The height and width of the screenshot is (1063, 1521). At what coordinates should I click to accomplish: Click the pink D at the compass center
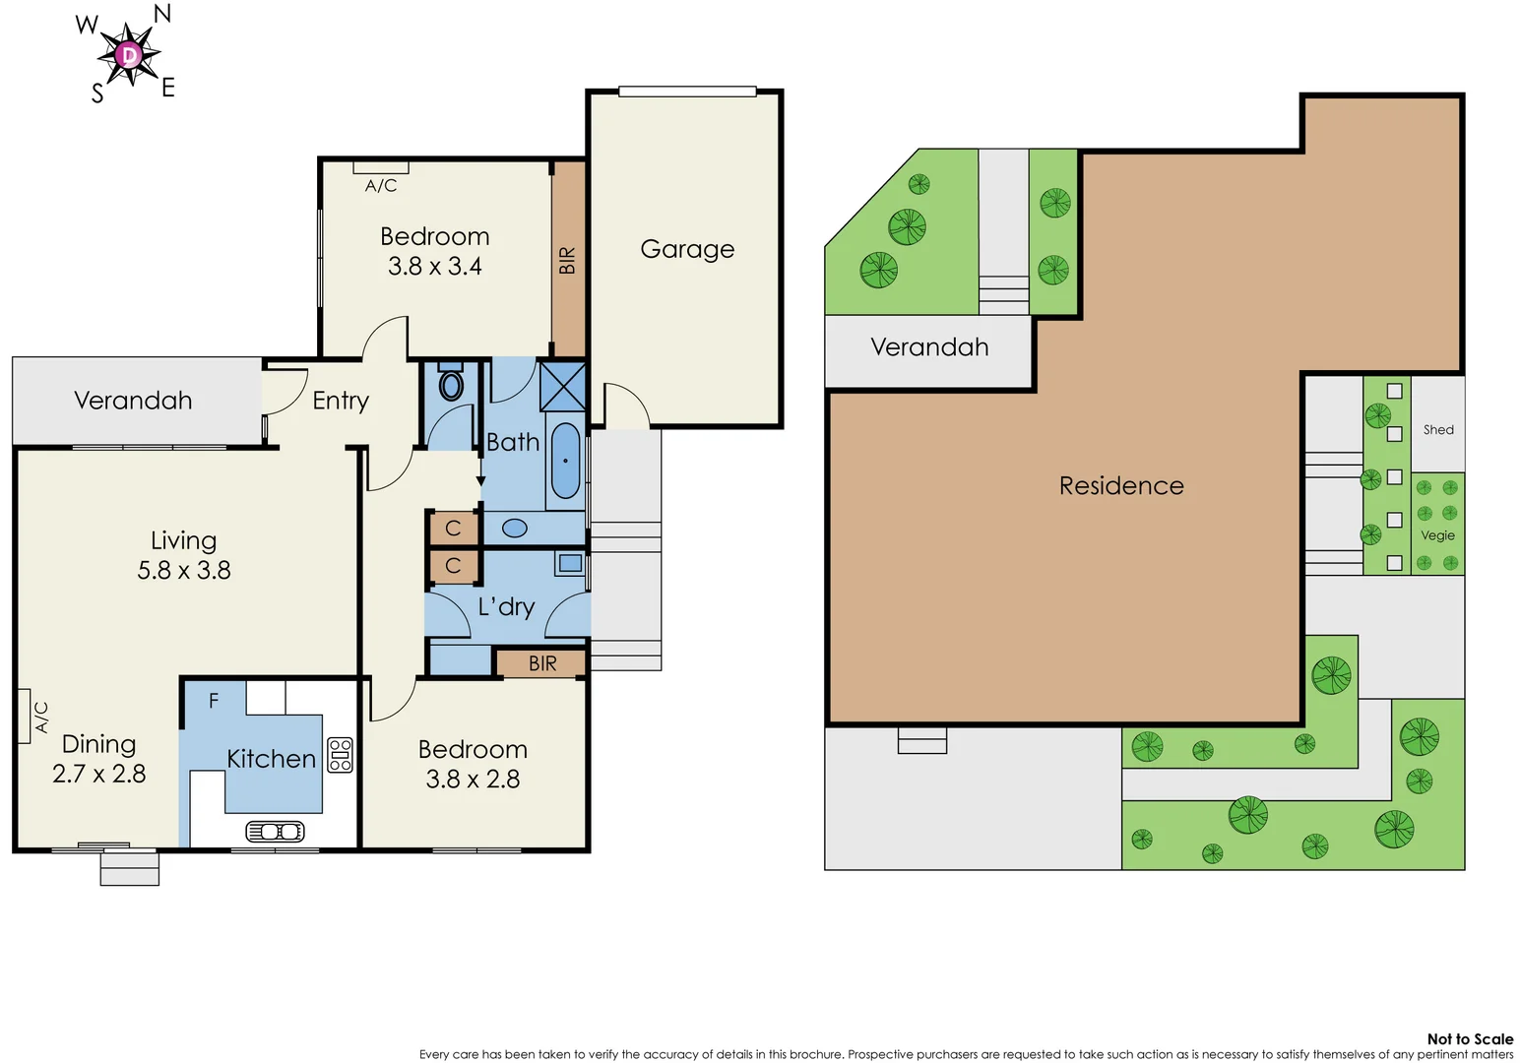(x=129, y=55)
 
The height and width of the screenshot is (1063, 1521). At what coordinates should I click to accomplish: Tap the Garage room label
(x=687, y=249)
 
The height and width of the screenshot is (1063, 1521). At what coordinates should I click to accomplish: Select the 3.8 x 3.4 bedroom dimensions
(x=434, y=267)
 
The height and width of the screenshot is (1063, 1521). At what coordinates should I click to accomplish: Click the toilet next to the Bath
(x=451, y=384)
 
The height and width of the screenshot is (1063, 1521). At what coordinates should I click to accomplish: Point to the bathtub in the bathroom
(x=565, y=461)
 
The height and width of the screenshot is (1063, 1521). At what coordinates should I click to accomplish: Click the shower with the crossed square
(x=563, y=387)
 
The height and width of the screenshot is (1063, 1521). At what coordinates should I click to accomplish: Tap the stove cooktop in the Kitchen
(x=341, y=755)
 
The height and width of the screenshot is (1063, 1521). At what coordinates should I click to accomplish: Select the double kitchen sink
(x=275, y=832)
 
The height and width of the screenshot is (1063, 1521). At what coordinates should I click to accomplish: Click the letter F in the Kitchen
(x=214, y=701)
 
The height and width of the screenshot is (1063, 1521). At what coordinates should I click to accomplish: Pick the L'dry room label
(x=506, y=606)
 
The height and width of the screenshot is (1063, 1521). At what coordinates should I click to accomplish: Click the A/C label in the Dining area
(x=41, y=717)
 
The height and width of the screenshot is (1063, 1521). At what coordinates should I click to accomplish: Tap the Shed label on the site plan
(x=1438, y=430)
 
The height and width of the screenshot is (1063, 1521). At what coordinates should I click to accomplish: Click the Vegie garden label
(x=1437, y=535)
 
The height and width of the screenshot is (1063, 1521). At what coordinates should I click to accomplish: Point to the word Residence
(x=1121, y=485)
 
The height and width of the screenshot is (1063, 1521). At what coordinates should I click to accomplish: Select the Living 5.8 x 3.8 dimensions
(x=184, y=570)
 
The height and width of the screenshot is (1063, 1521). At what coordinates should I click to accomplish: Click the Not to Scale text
(x=1470, y=1038)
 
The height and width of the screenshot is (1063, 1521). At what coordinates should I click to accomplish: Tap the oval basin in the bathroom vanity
(x=515, y=529)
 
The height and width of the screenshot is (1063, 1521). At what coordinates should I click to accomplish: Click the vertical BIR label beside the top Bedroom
(x=567, y=261)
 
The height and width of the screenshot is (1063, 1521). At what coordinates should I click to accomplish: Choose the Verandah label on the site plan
(x=929, y=346)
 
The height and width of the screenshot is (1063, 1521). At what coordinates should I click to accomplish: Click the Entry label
(x=341, y=401)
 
